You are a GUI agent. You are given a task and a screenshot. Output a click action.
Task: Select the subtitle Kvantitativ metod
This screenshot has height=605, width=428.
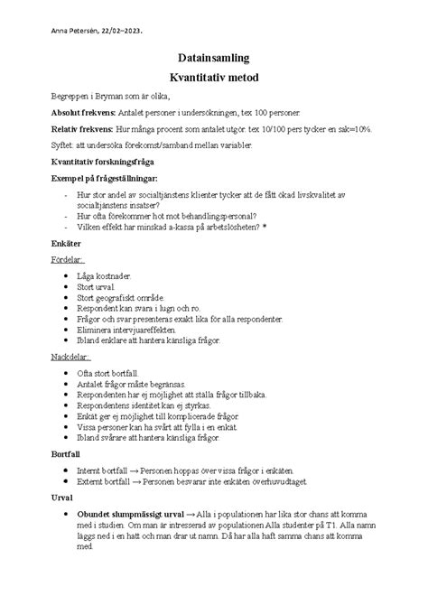(213, 77)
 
